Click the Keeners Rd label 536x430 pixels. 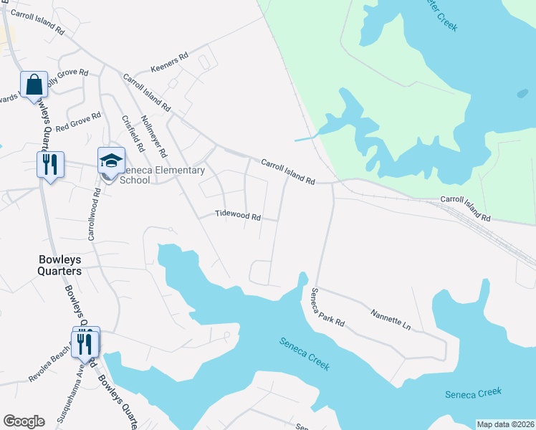click(169, 63)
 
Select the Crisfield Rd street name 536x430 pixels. click(133, 133)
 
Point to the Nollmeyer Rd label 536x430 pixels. click(154, 136)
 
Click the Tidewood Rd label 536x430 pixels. click(237, 215)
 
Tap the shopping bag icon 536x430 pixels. click(34, 85)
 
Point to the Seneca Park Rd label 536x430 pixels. click(327, 308)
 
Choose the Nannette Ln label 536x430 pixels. click(391, 320)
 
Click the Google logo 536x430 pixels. click(24, 421)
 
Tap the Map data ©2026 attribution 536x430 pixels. click(505, 424)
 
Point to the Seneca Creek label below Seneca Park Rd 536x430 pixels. click(305, 353)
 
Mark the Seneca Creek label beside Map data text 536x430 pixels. click(473, 393)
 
